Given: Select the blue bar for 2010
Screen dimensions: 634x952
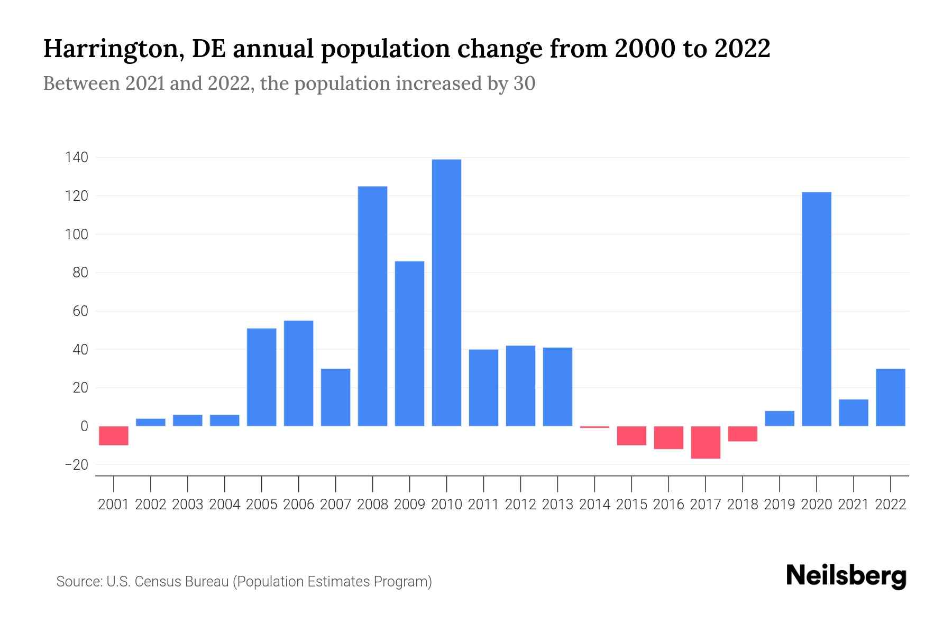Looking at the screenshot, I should pyautogui.click(x=446, y=293).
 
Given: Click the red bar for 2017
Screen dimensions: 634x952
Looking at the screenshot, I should pyautogui.click(x=706, y=442).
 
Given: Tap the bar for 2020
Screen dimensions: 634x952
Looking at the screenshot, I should pyautogui.click(x=817, y=309).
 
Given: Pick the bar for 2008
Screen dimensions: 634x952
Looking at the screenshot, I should pyautogui.click(x=372, y=306).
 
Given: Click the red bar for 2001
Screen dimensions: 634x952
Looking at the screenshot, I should pyautogui.click(x=114, y=435).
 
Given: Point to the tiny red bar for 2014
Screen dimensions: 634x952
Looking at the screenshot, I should pyautogui.click(x=594, y=427).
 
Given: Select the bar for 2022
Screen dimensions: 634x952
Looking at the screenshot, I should pyautogui.click(x=891, y=397).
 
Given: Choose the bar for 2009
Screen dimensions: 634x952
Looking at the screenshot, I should pyautogui.click(x=409, y=343).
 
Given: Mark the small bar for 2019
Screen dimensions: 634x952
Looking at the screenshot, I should pyautogui.click(x=780, y=418).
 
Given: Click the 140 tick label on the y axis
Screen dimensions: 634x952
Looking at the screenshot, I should pyautogui.click(x=76, y=157).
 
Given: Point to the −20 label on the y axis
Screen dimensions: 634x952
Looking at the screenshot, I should pyautogui.click(x=76, y=465).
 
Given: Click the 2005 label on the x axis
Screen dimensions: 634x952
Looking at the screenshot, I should pyautogui.click(x=262, y=505).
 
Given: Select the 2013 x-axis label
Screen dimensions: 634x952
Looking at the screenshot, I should pyautogui.click(x=557, y=505).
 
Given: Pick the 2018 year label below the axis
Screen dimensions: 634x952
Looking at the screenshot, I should pyautogui.click(x=743, y=505).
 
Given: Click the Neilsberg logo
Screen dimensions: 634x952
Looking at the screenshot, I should pyautogui.click(x=846, y=576).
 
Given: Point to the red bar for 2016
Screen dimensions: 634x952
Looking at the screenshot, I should pyautogui.click(x=669, y=437).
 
